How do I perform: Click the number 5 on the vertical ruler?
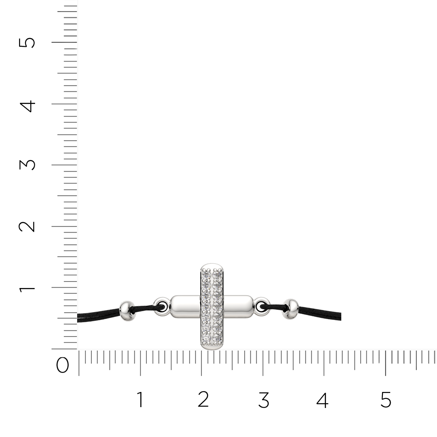click(x=27, y=43)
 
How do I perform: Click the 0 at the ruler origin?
click(x=62, y=365)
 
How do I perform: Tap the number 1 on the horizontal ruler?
click(x=140, y=399)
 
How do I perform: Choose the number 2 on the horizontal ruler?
click(x=203, y=399)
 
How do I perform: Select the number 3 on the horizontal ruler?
click(x=264, y=399)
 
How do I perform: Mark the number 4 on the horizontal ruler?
click(x=323, y=399)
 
